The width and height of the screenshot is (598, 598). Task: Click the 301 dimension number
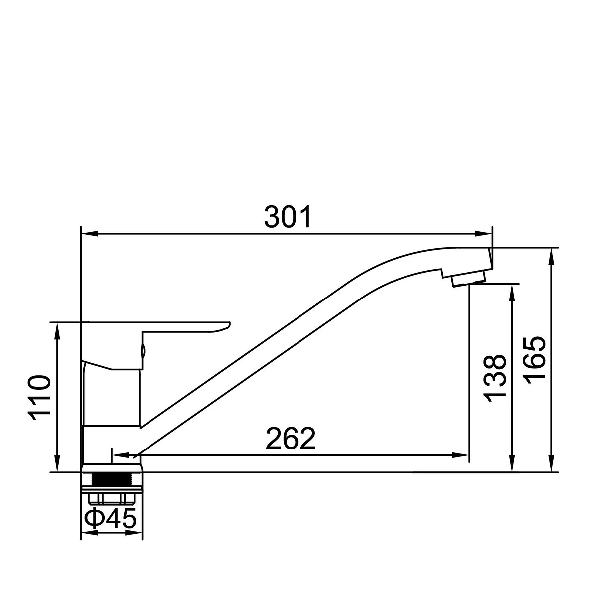288,217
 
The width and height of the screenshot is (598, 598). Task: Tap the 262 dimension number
291,439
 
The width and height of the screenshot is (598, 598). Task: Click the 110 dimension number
39,398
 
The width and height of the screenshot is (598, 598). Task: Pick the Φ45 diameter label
110,518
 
